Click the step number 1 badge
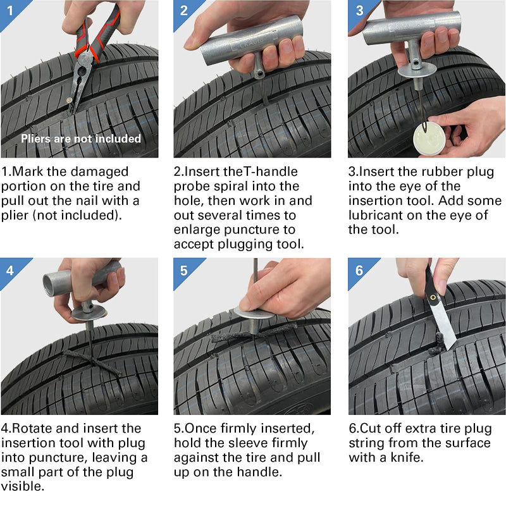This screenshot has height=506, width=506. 9,9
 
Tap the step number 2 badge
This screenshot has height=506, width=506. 183,9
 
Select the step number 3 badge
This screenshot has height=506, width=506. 357,9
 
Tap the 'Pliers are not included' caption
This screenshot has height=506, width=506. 81,139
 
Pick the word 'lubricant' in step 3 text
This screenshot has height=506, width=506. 376,216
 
